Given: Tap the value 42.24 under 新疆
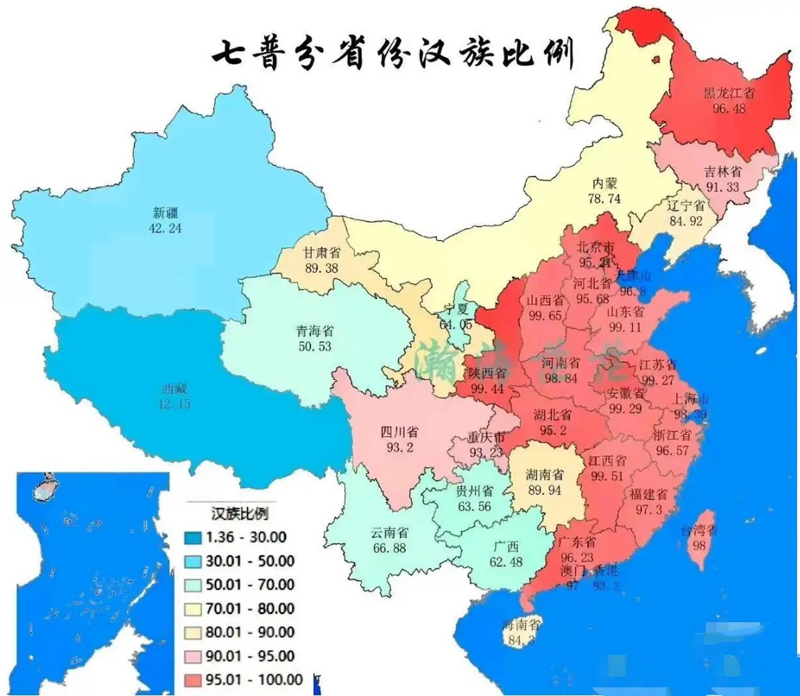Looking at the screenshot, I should coord(165,228).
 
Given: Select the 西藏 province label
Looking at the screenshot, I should coord(174,389).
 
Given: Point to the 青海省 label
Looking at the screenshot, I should coord(315,331).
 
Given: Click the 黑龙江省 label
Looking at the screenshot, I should coord(729,92).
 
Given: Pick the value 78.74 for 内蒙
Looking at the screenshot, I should coord(604,199).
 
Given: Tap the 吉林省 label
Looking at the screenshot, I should coord(722,171).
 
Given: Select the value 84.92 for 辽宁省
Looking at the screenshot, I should coord(686,221).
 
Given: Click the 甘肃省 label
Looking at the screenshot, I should coord(322,252).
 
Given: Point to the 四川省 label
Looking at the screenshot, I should coord(399,432).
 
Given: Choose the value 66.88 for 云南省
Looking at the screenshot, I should coord(389,548).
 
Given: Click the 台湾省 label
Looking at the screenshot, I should coord(699,530).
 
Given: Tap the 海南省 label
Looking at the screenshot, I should coord(521,625).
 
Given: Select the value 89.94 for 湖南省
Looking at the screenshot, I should coord(545,490).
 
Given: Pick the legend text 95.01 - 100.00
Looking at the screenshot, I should coord(254,679).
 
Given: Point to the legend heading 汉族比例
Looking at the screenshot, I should coord(239,514).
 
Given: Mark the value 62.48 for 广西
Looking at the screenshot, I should coord(505,562).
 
